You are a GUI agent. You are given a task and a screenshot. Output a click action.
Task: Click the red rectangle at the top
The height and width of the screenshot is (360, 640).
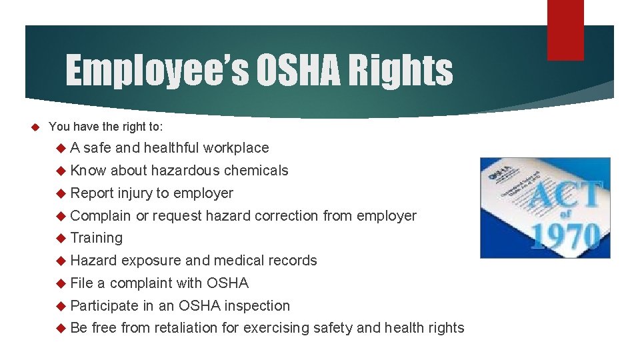point(565,29)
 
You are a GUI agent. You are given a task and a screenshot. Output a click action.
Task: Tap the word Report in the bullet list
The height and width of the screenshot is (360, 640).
point(92,193)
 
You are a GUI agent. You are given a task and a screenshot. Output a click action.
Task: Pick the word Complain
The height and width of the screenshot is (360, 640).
point(101,216)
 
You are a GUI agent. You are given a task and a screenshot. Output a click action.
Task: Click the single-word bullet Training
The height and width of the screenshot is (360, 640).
point(97,238)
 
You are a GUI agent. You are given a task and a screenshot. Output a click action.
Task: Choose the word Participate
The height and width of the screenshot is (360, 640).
point(104,306)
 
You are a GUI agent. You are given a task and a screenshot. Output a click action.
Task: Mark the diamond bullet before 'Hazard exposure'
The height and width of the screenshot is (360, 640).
point(61,261)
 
